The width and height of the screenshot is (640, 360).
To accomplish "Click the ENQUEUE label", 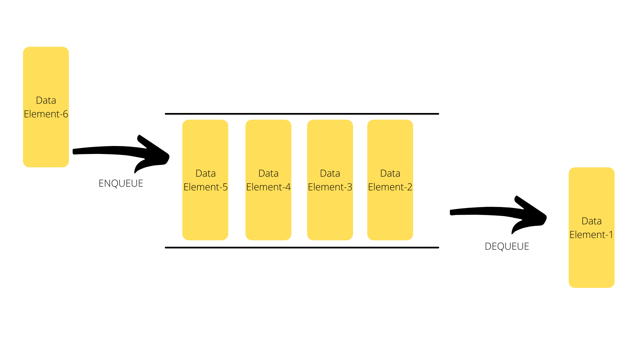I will pyautogui.click(x=121, y=183).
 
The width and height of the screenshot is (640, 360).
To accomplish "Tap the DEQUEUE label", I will pyautogui.click(x=507, y=246).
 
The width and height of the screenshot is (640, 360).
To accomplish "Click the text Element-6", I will pyautogui.click(x=46, y=114).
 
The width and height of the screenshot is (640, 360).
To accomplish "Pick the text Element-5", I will pyautogui.click(x=205, y=187).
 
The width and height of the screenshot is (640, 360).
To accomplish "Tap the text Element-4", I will pyautogui.click(x=268, y=187).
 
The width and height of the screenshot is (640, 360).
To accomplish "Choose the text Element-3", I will pyautogui.click(x=330, y=187).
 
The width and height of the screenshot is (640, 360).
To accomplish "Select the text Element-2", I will pyautogui.click(x=390, y=187).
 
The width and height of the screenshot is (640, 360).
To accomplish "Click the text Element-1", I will pyautogui.click(x=591, y=235).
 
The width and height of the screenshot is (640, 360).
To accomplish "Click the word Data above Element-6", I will pyautogui.click(x=46, y=100).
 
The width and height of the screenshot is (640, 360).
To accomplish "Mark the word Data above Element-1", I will pyautogui.click(x=591, y=221).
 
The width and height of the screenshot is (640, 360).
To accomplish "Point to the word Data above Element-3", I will pyautogui.click(x=330, y=173).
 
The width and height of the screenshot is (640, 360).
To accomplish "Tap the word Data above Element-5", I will pyautogui.click(x=205, y=173).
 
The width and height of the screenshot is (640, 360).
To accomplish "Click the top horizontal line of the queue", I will pyautogui.click(x=302, y=114).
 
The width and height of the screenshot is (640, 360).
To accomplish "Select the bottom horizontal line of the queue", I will pyautogui.click(x=302, y=248).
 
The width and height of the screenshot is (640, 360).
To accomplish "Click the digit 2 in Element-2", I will pyautogui.click(x=410, y=187).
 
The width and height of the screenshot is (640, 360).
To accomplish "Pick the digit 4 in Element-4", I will pyautogui.click(x=288, y=187).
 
